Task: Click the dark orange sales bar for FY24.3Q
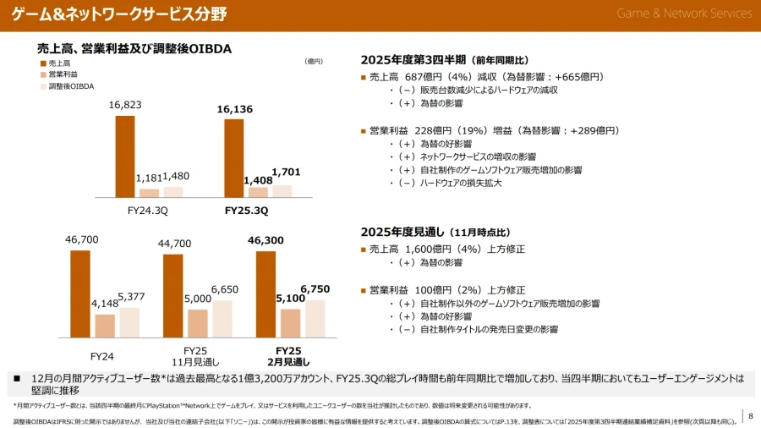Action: click(x=125, y=156)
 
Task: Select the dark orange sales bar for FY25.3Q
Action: click(x=233, y=158)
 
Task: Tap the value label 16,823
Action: click(x=125, y=105)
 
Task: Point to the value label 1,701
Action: click(x=286, y=172)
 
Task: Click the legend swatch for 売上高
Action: click(x=43, y=63)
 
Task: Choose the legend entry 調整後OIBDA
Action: click(x=71, y=86)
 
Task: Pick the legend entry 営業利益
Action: click(x=63, y=74)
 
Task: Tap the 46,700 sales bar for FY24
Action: click(x=80, y=294)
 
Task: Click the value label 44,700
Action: click(x=174, y=244)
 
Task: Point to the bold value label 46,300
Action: click(x=266, y=240)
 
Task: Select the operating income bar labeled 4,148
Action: click(x=105, y=326)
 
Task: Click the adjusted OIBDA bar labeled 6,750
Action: click(x=315, y=318)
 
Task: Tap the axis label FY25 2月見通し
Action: click(x=288, y=356)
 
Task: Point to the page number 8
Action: click(x=750, y=414)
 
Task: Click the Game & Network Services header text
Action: click(x=683, y=13)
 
